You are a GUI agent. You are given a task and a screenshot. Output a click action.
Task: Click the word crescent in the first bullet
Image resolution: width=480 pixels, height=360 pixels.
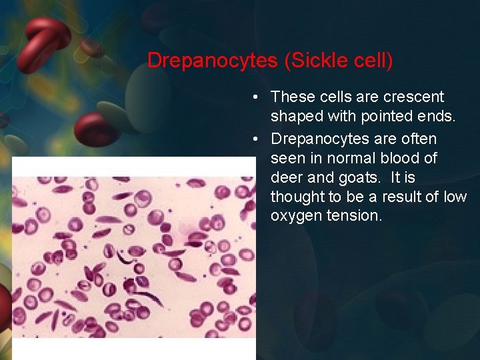(x=415, y=97)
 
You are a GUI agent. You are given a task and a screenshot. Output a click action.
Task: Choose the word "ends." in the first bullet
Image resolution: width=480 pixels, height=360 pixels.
(x=439, y=117)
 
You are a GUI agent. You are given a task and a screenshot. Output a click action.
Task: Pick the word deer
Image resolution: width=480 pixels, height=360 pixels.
(x=286, y=177)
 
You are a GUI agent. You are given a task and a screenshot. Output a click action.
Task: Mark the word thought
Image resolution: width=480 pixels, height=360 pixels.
(x=297, y=197)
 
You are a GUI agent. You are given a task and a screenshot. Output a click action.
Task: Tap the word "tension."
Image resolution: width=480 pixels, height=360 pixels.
(x=355, y=216)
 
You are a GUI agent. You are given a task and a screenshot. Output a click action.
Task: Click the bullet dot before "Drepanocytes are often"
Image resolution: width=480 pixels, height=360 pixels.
(x=256, y=139)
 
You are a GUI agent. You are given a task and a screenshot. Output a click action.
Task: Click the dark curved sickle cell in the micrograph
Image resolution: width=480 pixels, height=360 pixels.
(x=124, y=256)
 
